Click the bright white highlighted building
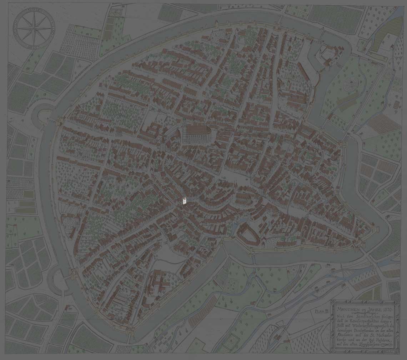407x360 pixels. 184,201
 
